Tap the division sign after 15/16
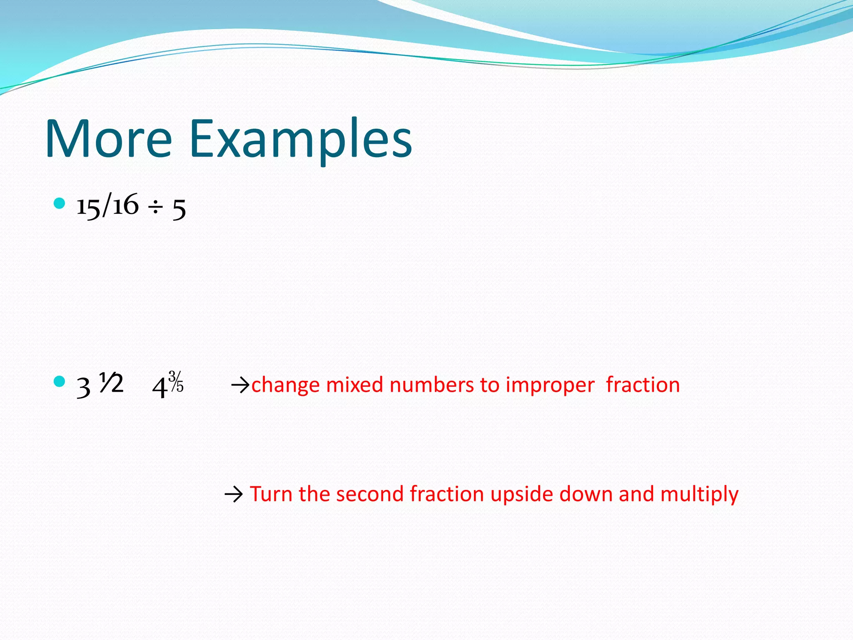tap(156, 207)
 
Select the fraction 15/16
tap(107, 206)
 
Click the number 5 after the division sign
tap(179, 209)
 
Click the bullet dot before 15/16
tap(60, 203)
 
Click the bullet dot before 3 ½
tap(60, 381)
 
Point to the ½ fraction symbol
tap(111, 383)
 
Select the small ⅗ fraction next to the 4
tap(176, 381)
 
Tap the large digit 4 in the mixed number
tap(160, 387)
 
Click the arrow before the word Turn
tap(234, 495)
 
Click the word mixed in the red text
tap(354, 385)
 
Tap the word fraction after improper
tap(643, 385)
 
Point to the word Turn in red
tap(271, 494)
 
